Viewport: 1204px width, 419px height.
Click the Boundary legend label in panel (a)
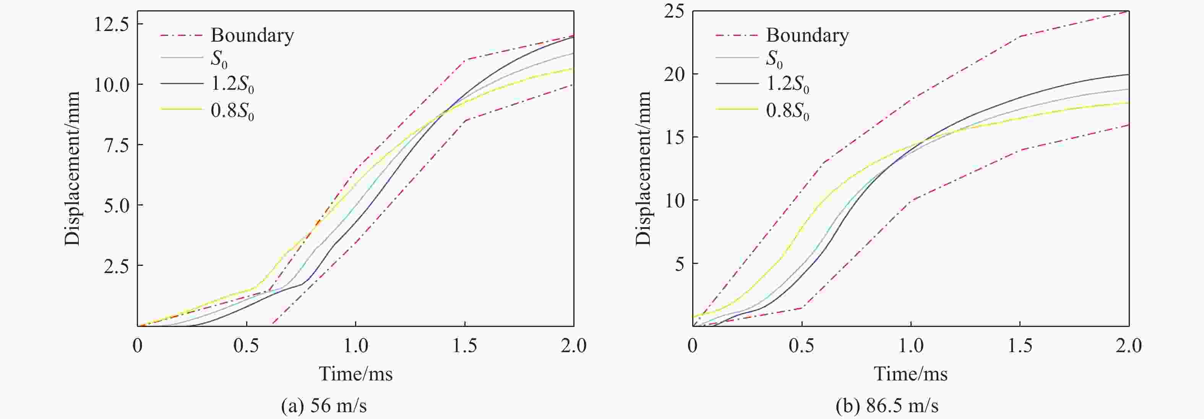252,36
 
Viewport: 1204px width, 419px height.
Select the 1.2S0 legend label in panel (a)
232,84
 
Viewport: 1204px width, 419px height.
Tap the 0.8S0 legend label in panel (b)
787,111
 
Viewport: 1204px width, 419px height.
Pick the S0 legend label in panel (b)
774,59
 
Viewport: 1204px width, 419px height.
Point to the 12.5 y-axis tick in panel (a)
111,24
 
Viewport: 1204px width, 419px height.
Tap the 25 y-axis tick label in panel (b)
674,11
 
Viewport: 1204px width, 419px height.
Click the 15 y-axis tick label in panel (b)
674,138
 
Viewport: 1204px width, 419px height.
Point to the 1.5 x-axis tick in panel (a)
464,346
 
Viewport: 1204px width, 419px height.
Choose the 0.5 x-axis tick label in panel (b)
802,346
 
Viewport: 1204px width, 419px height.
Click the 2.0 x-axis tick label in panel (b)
1128,346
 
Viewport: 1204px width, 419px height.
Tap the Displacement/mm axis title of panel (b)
643,168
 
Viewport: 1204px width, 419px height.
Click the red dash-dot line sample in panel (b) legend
737,35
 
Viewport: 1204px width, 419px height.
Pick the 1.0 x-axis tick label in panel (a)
356,346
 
